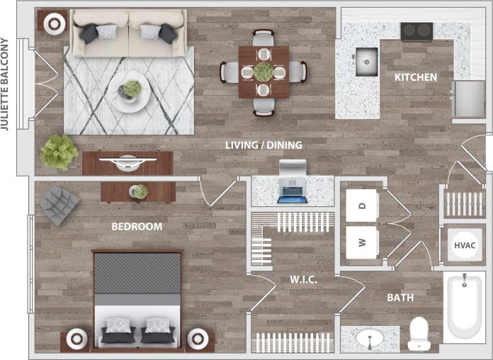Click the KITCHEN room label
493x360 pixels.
click(x=415, y=77)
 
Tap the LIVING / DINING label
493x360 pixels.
click(x=263, y=145)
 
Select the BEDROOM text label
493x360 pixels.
click(x=137, y=227)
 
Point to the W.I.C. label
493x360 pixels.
click(x=302, y=279)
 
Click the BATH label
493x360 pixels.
click(x=400, y=298)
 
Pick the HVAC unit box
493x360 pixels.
click(x=465, y=245)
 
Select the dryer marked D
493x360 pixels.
click(x=362, y=206)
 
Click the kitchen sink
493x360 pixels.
click(x=365, y=61)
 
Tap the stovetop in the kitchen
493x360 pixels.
click(x=416, y=31)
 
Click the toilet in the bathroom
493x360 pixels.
click(x=419, y=333)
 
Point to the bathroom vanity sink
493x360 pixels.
click(x=369, y=339)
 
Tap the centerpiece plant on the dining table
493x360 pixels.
click(x=263, y=72)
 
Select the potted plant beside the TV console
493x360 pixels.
click(x=58, y=152)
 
